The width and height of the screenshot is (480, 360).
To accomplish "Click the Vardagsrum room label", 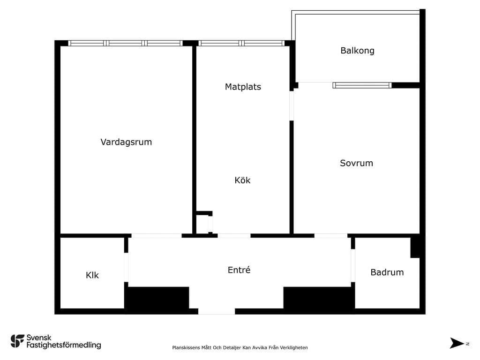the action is point(126,142).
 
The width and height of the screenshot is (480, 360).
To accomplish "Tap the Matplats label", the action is point(243,87).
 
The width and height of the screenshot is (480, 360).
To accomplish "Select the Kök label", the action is point(242,180).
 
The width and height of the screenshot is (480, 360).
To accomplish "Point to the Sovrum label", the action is point(357,163).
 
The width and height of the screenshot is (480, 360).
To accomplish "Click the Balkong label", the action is point(358,51).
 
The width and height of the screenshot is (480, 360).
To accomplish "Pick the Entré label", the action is point(239,270).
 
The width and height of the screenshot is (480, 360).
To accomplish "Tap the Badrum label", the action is point(387,272).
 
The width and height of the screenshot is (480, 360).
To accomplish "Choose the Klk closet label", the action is point(92,275).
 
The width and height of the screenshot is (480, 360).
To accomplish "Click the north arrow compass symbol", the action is point(457,343).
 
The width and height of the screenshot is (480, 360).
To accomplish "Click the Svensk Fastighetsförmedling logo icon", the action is point(17,341).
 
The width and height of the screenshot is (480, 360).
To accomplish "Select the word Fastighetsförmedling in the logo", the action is point(64,345).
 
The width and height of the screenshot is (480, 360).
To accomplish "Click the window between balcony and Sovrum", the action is point(362,85).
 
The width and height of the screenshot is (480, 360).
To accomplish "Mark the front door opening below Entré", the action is point(217,311).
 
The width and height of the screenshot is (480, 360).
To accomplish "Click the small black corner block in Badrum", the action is point(415,247).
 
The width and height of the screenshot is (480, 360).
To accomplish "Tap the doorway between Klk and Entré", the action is point(126,267).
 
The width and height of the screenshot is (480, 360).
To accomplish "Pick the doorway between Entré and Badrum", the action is point(353,265).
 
